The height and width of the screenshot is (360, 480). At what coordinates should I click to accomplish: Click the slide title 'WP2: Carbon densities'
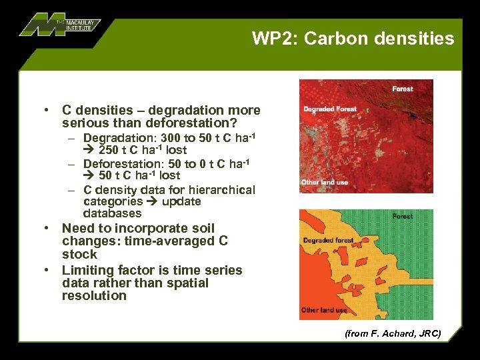pos(353,39)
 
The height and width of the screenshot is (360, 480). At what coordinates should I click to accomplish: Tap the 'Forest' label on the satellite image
pos(402,89)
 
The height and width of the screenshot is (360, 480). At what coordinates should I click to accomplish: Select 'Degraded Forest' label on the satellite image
pos(330,109)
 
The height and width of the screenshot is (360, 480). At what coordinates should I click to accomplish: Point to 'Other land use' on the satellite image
pos(324,182)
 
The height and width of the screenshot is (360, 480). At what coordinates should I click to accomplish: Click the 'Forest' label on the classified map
pos(402,216)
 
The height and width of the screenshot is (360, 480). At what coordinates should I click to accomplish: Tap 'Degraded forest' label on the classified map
pos(329,240)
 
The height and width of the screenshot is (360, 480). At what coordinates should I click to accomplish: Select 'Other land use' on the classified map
pos(324,310)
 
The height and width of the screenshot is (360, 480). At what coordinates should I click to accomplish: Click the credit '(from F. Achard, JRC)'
pos(393,333)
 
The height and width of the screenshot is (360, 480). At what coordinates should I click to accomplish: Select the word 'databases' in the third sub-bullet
pos(112,213)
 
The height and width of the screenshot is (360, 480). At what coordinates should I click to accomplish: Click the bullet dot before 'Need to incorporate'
pos(48,228)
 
